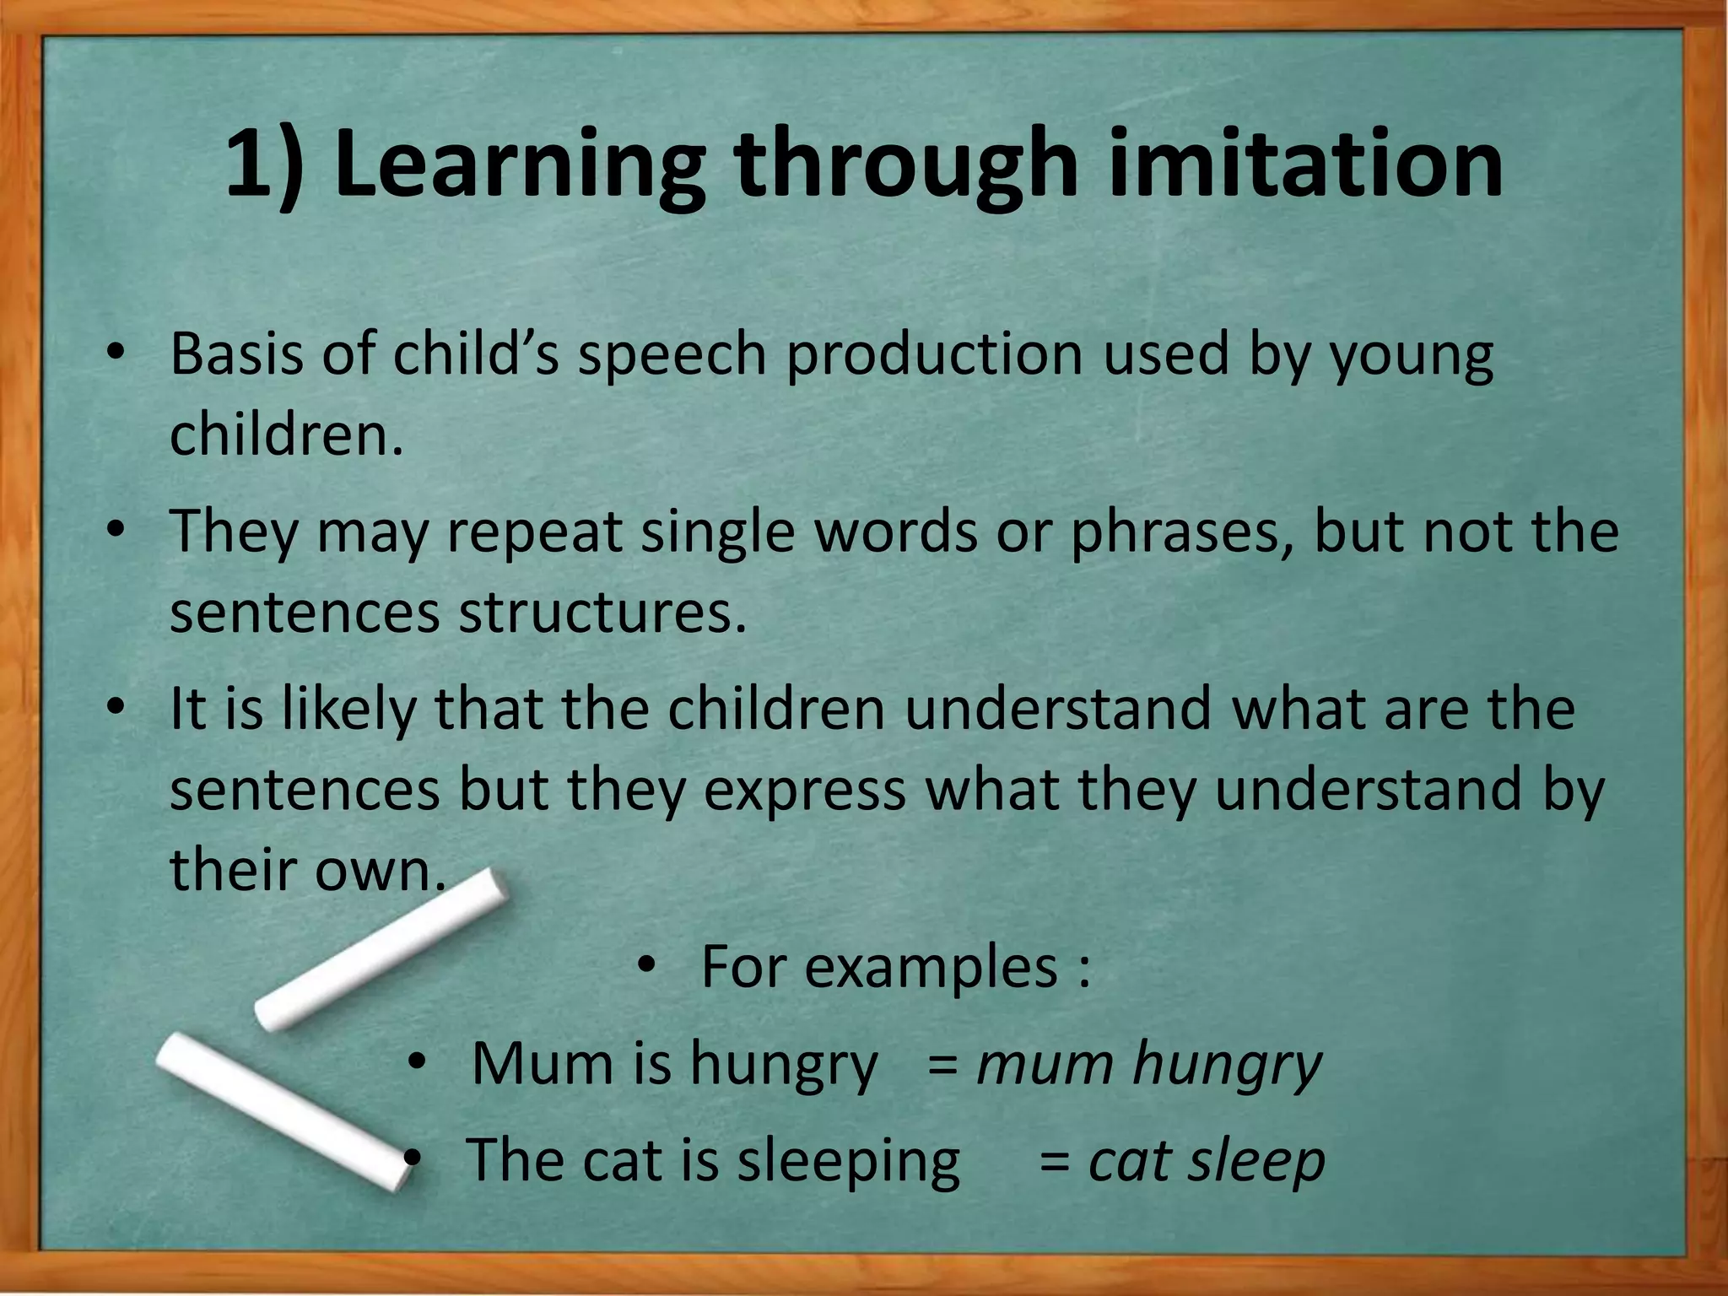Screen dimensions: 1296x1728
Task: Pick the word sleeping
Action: [x=848, y=1161]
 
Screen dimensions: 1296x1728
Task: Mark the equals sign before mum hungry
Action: [x=942, y=1065]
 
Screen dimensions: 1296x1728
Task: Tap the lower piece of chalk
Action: [x=283, y=1110]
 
